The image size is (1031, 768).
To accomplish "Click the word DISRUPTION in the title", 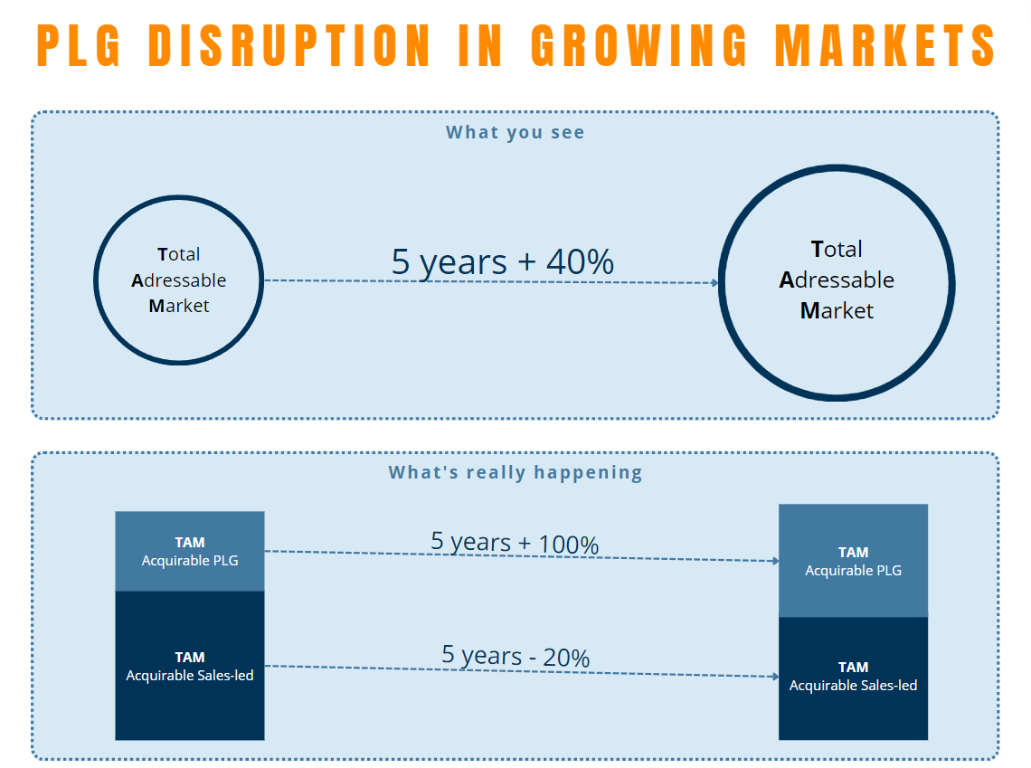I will point(288,44).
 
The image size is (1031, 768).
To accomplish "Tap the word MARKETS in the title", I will point(887,44).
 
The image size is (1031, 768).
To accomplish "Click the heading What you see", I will point(515,133).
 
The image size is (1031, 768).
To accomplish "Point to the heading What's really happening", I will point(515,472).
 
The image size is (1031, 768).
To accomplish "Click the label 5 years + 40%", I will point(503,261).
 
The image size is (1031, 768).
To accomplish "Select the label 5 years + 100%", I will point(515,544).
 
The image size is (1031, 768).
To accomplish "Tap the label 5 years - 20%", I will point(515,656).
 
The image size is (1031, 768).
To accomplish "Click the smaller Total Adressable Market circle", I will point(178,280).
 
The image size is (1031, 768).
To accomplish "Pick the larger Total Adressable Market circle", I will point(837,280).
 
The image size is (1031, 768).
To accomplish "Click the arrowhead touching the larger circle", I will point(715,283).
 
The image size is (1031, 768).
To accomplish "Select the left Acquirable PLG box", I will point(190,551).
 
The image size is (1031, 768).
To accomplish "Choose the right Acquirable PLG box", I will point(853,561).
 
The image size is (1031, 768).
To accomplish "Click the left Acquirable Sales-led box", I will point(190,666).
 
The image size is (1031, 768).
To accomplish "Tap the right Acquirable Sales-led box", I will point(853,678).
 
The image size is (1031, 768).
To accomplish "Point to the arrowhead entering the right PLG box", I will point(775,561).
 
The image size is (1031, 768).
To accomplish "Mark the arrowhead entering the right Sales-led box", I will point(775,677).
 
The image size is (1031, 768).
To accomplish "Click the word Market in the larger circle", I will point(837,311).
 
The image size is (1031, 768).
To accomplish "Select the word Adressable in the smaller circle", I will point(178,280).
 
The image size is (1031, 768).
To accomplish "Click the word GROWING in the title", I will point(639,44).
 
